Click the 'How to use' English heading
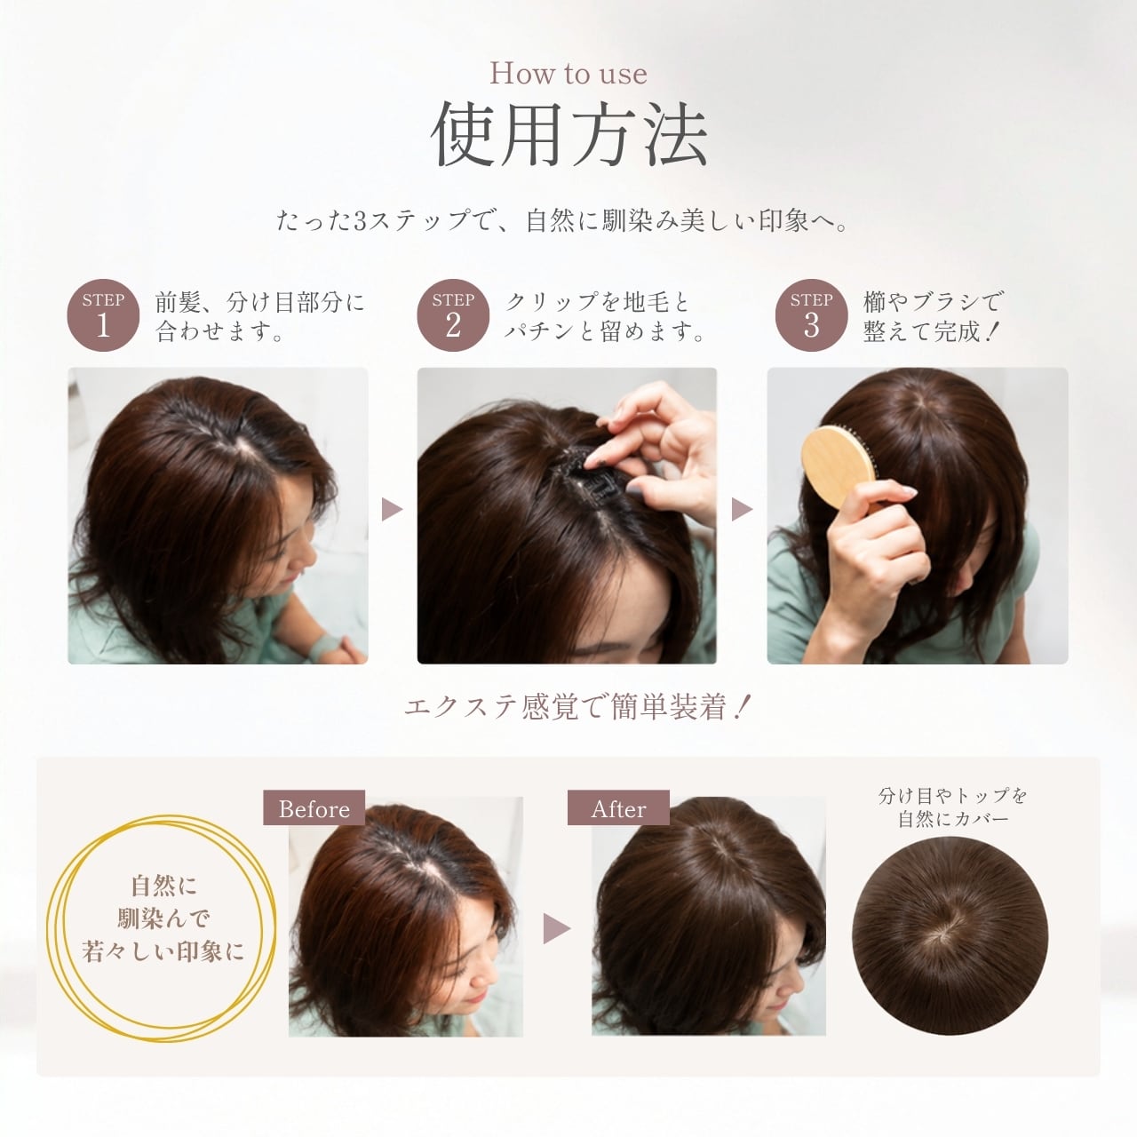click(568, 75)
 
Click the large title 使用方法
click(568, 135)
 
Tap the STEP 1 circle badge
click(103, 315)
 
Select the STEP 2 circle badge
click(453, 315)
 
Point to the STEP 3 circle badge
click(811, 315)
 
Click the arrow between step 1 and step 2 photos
click(392, 509)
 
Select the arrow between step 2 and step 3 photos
click(742, 509)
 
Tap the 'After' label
click(618, 807)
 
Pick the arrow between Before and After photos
click(556, 929)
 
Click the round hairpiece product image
click(950, 936)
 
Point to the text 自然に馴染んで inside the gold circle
click(163, 902)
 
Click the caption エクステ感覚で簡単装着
click(576, 707)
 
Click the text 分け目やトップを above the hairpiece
click(952, 796)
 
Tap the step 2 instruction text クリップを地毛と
click(597, 303)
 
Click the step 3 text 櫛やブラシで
click(933, 302)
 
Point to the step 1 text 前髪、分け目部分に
click(260, 303)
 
